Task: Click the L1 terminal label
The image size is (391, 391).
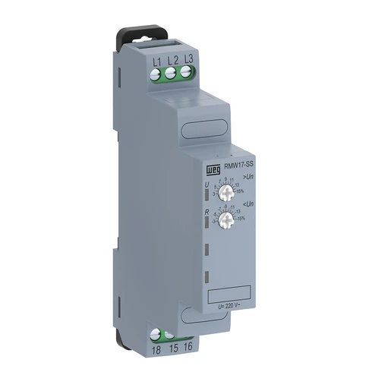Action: click(157, 61)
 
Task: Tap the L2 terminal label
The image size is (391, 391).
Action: click(172, 61)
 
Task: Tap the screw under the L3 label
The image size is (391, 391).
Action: click(185, 73)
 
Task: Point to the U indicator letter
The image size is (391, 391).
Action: click(206, 184)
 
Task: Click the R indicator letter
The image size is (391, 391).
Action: click(206, 213)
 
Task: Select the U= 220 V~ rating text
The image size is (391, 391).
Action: click(229, 305)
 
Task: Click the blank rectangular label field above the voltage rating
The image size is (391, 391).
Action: click(229, 292)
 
